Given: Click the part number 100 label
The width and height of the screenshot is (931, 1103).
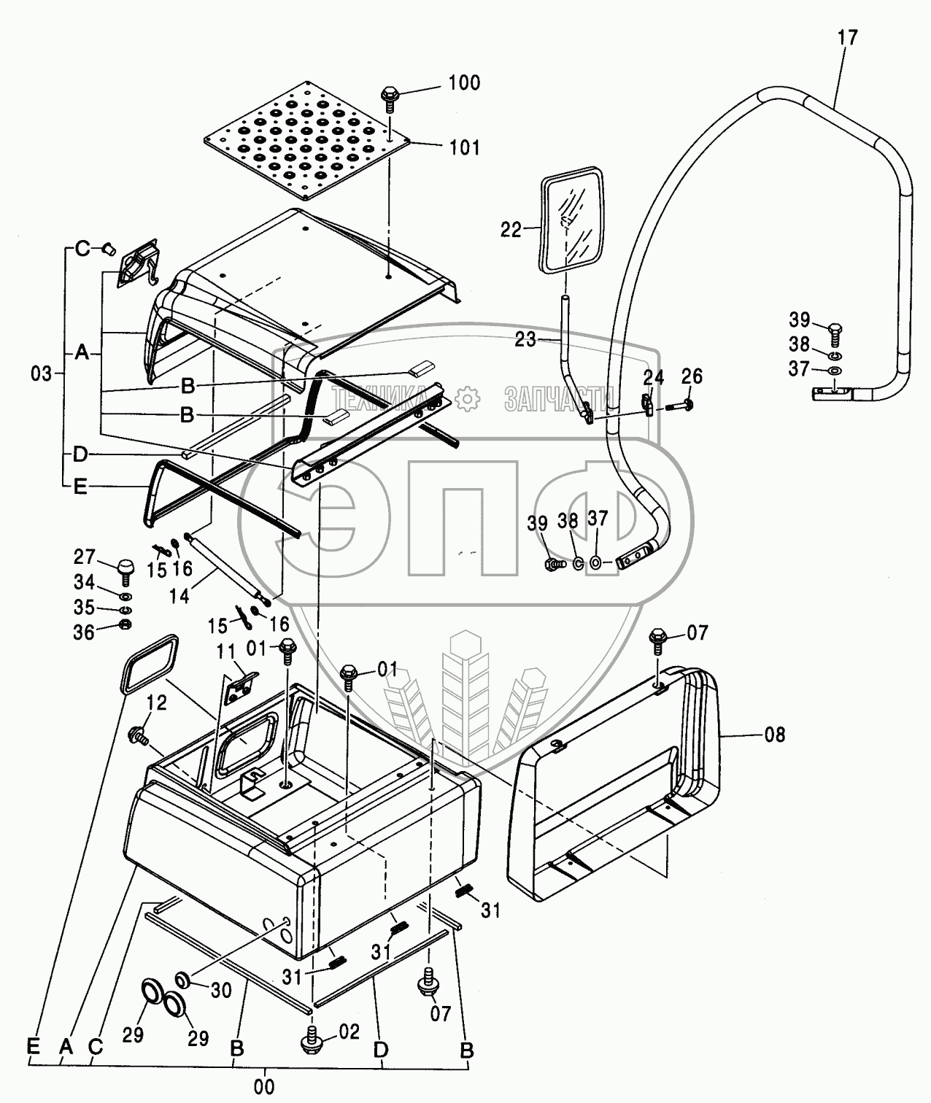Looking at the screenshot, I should [464, 82].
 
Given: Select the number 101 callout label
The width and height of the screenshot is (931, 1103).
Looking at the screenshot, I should [464, 147].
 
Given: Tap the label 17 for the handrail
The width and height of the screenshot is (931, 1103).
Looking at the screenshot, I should [847, 37].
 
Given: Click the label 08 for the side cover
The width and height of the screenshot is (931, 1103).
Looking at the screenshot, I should [775, 734].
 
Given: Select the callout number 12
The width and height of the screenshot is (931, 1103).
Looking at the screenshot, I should [157, 703].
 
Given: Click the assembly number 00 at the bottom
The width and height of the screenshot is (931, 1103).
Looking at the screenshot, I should [264, 1086].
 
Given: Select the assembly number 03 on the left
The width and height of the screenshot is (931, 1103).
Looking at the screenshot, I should [42, 374].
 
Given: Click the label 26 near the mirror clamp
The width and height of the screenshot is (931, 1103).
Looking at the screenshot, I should [691, 376].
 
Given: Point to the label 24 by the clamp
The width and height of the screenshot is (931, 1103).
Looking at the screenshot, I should [653, 377].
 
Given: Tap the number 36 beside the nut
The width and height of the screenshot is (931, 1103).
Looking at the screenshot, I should [84, 632].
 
